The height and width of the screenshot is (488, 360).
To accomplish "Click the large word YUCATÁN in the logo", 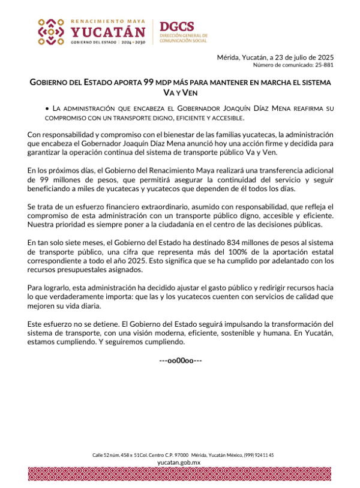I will pos(108,32).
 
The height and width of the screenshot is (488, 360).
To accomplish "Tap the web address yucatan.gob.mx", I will pos(179,463).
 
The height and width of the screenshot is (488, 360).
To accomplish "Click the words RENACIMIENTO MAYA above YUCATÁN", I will pos(108,20).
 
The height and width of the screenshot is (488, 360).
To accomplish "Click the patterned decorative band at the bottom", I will pos(180,474).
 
